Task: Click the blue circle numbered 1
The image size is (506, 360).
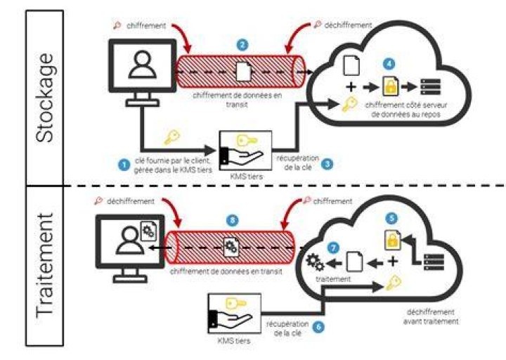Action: click(124, 165)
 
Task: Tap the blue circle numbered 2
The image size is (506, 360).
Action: click(242, 44)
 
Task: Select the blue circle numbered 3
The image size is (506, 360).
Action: click(327, 164)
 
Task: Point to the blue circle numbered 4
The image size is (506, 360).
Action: click(389, 64)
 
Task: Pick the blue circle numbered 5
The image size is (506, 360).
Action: click(391, 219)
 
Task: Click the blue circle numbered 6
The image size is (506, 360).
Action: click(318, 327)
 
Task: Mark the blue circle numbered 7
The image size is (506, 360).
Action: click(333, 248)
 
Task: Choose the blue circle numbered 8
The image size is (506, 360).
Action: click(233, 221)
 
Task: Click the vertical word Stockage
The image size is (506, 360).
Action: click(44, 97)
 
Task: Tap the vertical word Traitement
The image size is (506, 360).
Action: click(44, 265)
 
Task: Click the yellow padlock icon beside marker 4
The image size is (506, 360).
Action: click(391, 86)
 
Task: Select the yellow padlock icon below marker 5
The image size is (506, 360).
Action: click(393, 240)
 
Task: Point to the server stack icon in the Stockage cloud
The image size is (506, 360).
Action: click(431, 87)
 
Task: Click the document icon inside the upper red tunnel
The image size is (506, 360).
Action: click(244, 72)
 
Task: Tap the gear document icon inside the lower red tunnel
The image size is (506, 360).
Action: click(231, 247)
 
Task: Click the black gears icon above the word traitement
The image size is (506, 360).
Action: click(316, 262)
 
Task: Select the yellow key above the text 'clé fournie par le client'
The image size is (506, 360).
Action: click(172, 136)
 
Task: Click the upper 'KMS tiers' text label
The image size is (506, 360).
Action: click(246, 176)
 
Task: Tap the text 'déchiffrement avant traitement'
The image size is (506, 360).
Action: click(431, 316)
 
